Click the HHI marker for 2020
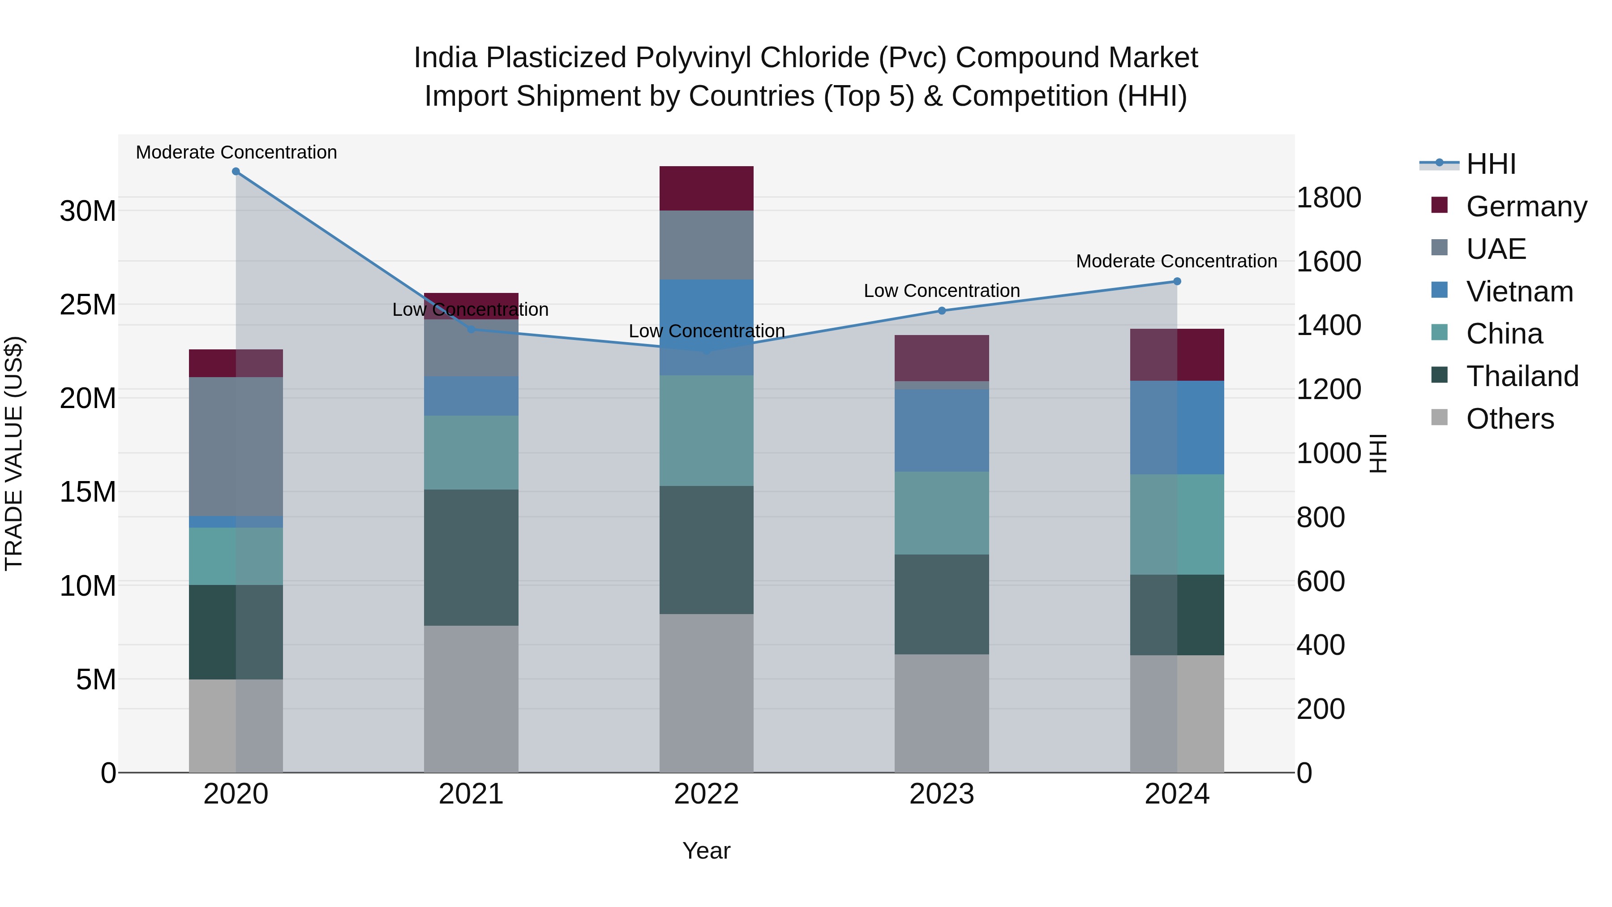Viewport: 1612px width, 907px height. (236, 172)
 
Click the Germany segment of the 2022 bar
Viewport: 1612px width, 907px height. (707, 189)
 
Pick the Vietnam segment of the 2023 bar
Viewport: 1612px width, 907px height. (942, 430)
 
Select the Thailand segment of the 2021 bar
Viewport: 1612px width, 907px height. (471, 557)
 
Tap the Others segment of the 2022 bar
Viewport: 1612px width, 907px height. (707, 693)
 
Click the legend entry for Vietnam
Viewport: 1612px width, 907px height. (1519, 292)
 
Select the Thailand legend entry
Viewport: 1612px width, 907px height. (1522, 376)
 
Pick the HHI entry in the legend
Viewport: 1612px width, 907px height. (1491, 164)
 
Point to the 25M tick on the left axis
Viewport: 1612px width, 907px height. (88, 305)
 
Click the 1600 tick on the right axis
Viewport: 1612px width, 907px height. (1329, 262)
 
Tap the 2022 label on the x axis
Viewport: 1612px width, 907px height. (707, 794)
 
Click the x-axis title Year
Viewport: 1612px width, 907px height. (707, 851)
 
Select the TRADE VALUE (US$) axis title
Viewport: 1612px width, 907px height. (14, 453)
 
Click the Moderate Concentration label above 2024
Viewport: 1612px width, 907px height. (1176, 261)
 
